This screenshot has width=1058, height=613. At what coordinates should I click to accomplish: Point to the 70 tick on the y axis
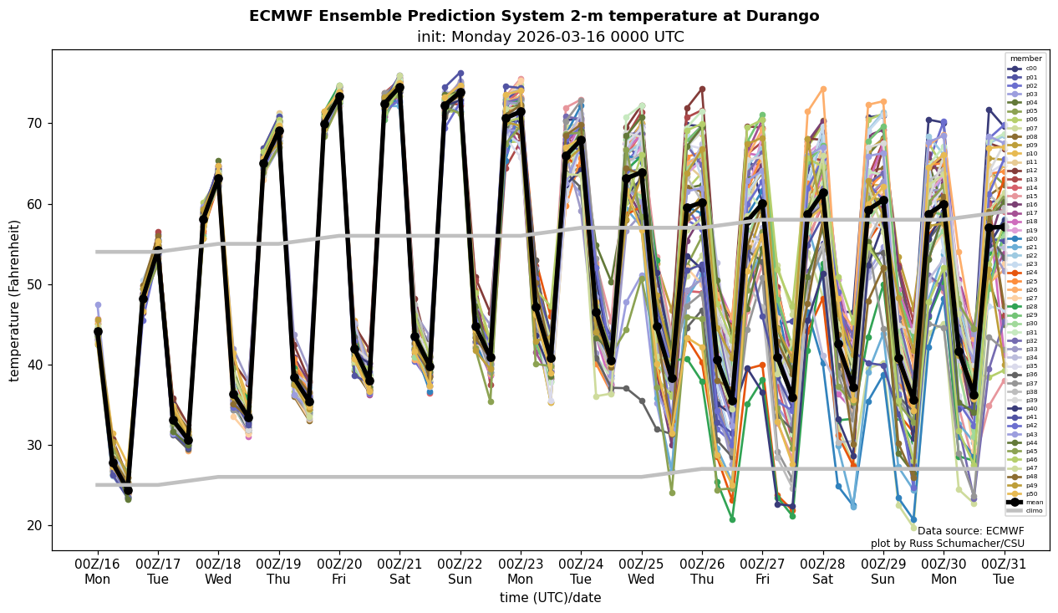[x=36, y=123]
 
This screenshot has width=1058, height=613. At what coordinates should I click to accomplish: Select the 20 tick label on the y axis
[x=36, y=525]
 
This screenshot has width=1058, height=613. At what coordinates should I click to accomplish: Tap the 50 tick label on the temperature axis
[x=36, y=284]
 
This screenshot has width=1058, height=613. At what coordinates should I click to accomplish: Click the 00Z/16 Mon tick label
[x=98, y=571]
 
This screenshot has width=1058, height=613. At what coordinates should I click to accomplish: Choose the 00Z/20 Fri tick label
[x=339, y=571]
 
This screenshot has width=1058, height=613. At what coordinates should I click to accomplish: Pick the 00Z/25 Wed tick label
[x=642, y=571]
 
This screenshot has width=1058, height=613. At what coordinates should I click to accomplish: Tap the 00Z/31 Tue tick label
[x=1004, y=571]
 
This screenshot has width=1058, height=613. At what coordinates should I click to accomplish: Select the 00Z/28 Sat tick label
[x=823, y=571]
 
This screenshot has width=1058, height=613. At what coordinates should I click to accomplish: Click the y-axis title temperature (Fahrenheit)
[x=15, y=300]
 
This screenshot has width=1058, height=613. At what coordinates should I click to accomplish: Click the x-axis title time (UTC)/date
[x=550, y=598]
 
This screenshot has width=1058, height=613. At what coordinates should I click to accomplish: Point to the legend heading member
[x=1026, y=59]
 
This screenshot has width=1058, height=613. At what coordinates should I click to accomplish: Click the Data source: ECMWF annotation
[x=970, y=531]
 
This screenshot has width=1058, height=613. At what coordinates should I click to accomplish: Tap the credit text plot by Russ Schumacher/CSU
[x=947, y=544]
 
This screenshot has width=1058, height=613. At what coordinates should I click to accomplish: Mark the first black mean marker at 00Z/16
[x=98, y=332]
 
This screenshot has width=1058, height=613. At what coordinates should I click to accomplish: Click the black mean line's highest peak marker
[x=399, y=87]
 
